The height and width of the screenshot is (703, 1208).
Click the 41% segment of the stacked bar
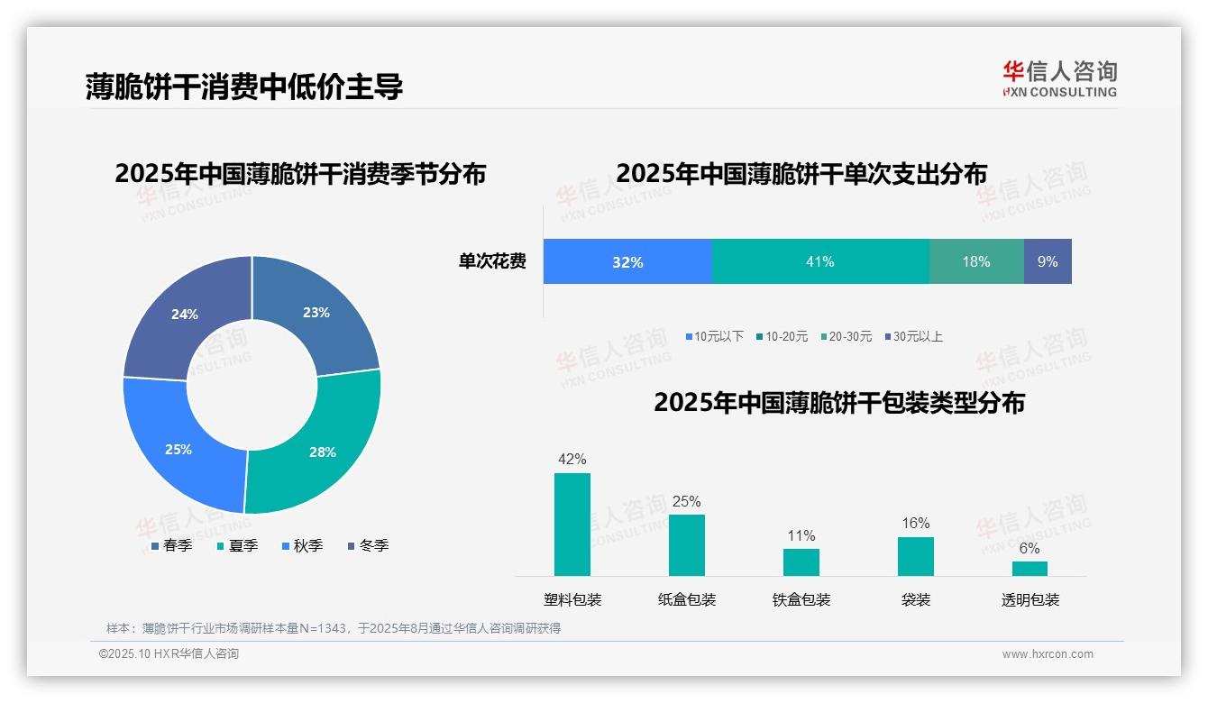click(820, 261)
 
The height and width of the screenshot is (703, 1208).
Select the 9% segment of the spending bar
click(1048, 261)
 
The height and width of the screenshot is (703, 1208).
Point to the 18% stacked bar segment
click(976, 261)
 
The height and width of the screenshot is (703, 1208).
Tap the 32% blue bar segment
click(627, 261)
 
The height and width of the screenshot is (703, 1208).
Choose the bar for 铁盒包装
click(801, 562)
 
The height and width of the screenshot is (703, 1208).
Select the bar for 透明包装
click(1030, 569)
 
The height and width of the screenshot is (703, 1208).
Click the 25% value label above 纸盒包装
click(687, 502)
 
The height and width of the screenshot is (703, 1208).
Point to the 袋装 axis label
click(916, 599)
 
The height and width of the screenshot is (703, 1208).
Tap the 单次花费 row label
click(492, 262)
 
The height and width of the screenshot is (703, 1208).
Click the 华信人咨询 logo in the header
click(1059, 78)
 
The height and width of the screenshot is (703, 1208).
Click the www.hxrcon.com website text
click(1048, 654)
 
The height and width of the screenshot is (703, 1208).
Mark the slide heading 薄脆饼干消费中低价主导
click(243, 87)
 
